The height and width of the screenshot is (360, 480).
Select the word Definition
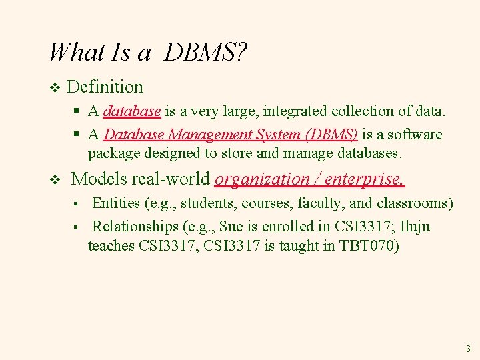click(105, 87)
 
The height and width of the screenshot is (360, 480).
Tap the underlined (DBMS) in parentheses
click(331, 134)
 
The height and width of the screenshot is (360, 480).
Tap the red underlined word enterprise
click(364, 179)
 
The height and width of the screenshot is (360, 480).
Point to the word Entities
click(116, 203)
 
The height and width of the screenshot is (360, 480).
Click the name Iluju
click(415, 226)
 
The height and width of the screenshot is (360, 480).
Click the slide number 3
click(468, 348)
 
